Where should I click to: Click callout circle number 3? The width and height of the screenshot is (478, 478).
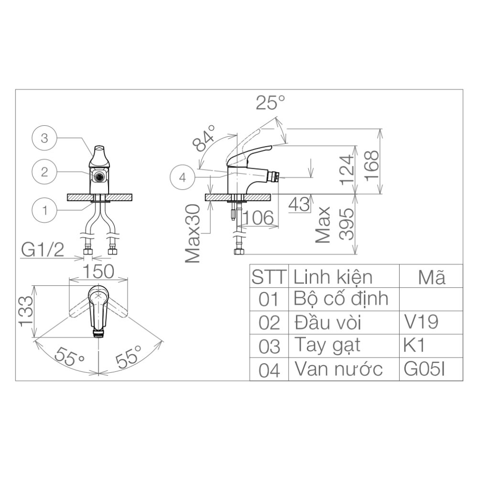[x=44, y=139]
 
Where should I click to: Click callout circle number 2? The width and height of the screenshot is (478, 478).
[x=44, y=173]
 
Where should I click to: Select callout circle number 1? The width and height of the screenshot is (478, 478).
[x=44, y=209]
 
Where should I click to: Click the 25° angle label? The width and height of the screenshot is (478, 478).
[x=270, y=102]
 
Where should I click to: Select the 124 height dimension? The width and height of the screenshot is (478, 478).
[x=347, y=170]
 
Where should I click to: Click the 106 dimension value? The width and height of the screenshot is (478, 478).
[x=258, y=218]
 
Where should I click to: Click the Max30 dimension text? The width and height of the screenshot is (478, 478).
[x=194, y=233]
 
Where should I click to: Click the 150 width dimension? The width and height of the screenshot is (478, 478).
[x=98, y=272]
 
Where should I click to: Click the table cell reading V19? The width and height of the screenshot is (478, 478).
[x=421, y=322]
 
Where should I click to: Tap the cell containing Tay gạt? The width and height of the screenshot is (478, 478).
[x=327, y=345]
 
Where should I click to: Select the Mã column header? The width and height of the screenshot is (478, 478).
[x=431, y=277]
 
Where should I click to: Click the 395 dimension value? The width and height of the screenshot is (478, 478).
[x=347, y=224]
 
